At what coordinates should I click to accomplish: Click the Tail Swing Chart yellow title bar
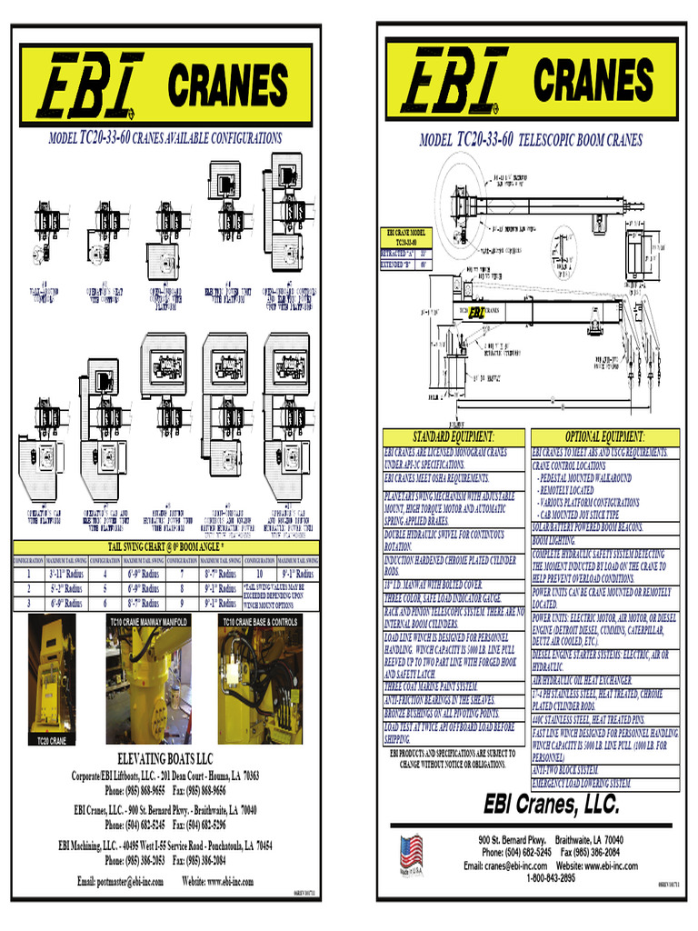[165, 546]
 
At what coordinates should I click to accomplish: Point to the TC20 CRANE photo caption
[51, 741]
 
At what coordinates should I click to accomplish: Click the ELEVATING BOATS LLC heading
[165, 758]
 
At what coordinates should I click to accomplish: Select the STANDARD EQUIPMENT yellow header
[454, 436]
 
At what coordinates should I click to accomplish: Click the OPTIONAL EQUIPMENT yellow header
[604, 436]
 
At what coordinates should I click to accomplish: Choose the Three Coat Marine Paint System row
[432, 686]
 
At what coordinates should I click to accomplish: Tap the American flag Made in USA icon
[411, 854]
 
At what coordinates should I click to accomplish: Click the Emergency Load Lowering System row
[582, 783]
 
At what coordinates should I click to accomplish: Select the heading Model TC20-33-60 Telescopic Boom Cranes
[531, 140]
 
